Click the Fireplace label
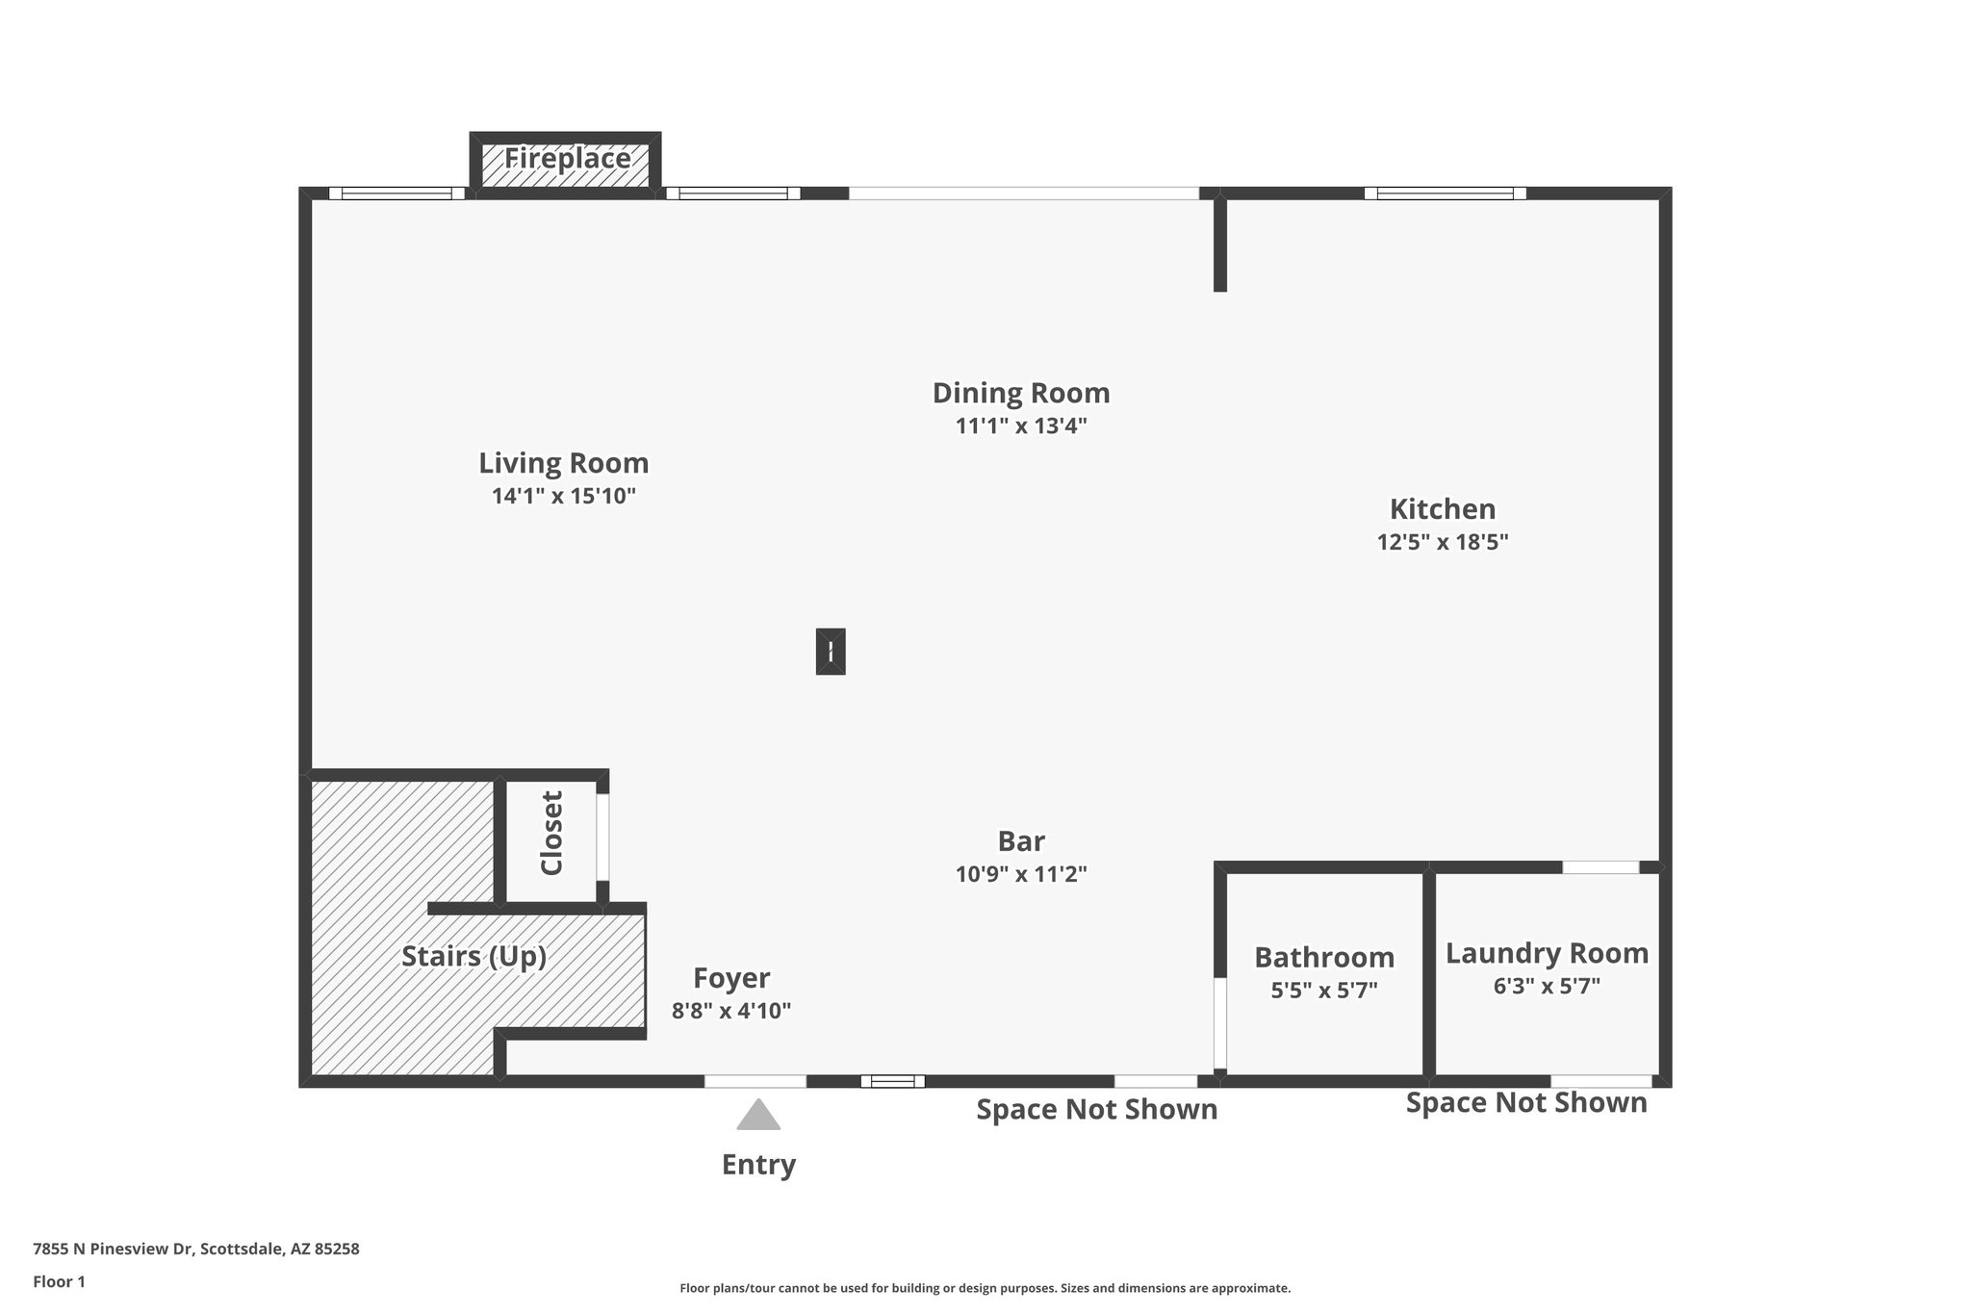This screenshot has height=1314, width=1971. coord(567,159)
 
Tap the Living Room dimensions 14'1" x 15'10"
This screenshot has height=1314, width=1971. coord(564,497)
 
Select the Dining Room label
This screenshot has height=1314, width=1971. coord(1020,393)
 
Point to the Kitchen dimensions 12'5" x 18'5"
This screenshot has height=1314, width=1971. coord(1442,542)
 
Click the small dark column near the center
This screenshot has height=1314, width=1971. coord(830,652)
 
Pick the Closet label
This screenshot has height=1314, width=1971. coord(551,833)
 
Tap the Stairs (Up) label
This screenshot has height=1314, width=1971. coord(474,957)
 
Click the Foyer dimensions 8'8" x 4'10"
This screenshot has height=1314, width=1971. coord(730,1011)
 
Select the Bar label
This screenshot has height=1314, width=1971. coord(1020,841)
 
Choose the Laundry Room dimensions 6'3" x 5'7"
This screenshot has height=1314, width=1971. coord(1546,987)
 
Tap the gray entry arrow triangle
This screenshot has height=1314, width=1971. coord(758,1116)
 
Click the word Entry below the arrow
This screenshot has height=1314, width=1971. coord(758,1165)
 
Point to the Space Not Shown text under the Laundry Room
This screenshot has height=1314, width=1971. coord(1525,1102)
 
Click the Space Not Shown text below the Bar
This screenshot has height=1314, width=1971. coord(1096,1109)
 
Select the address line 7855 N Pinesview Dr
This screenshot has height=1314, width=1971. coord(195,1250)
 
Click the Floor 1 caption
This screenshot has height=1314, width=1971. coord(59,1282)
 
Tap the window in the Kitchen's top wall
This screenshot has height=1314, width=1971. coord(1445,193)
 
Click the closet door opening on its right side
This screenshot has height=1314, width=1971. coord(602,836)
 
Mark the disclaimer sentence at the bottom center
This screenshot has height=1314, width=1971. coord(985,1288)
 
